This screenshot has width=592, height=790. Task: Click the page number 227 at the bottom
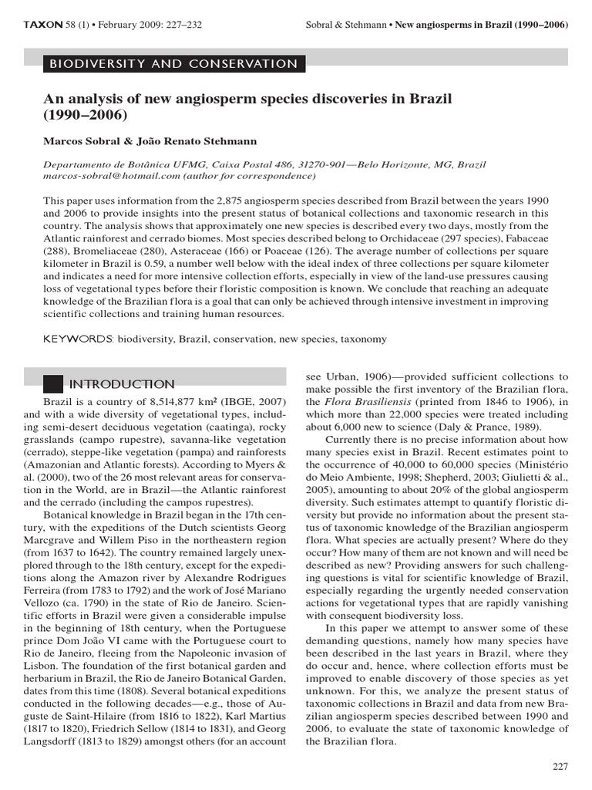click(560, 765)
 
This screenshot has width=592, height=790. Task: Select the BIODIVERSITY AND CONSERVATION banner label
click(173, 64)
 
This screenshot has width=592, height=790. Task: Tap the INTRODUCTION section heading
click(122, 384)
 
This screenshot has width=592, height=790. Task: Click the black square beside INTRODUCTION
click(52, 383)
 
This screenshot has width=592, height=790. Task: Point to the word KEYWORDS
click(79, 339)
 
